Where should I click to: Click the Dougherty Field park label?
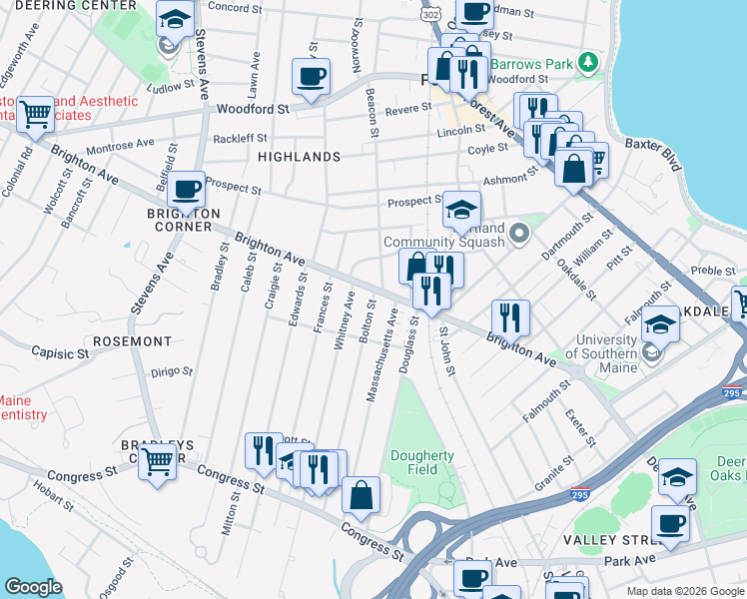click(x=421, y=463)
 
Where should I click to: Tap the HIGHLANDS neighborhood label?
click(x=299, y=158)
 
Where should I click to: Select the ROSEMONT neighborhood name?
click(x=132, y=341)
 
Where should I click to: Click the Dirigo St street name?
click(x=171, y=371)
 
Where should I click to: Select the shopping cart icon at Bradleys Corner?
click(x=157, y=462)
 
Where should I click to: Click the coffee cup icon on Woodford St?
click(x=310, y=75)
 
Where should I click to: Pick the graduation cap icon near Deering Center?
click(x=175, y=19)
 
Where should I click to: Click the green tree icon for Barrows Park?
click(x=589, y=64)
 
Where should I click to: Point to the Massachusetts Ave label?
click(x=382, y=354)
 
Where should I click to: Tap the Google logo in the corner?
click(x=33, y=587)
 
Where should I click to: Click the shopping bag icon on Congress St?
click(x=361, y=494)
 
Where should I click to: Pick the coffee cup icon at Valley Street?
click(x=670, y=523)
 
